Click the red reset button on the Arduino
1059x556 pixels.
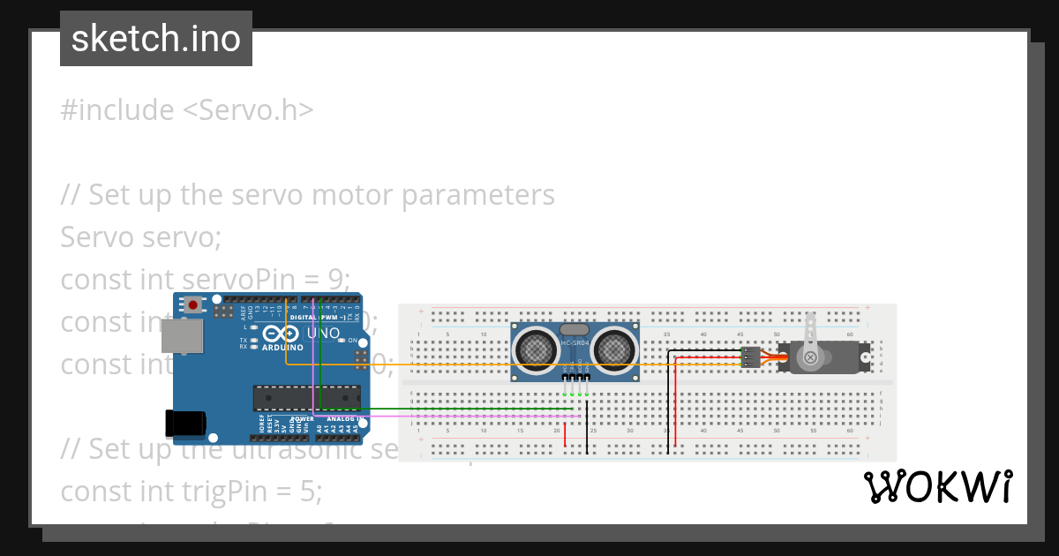click(192, 305)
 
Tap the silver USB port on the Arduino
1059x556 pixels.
click(181, 335)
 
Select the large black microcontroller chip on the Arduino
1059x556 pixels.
click(306, 398)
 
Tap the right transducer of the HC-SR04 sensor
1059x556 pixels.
click(613, 349)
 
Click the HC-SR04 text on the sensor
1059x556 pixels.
click(575, 342)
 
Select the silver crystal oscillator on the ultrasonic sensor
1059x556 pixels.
click(575, 328)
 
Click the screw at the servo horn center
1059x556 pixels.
click(810, 357)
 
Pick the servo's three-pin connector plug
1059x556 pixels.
click(750, 357)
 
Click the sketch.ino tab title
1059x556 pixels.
click(156, 39)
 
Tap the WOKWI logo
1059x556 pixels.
click(937, 486)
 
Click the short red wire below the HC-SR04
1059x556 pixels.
click(566, 432)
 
